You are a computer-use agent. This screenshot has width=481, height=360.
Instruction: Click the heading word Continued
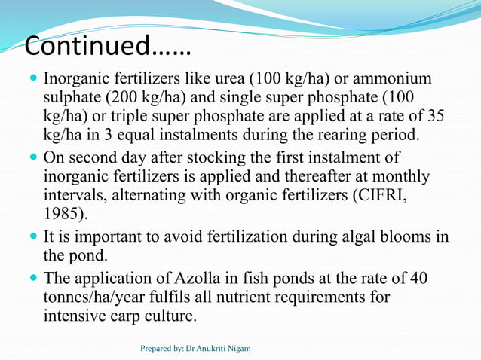click(87, 46)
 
